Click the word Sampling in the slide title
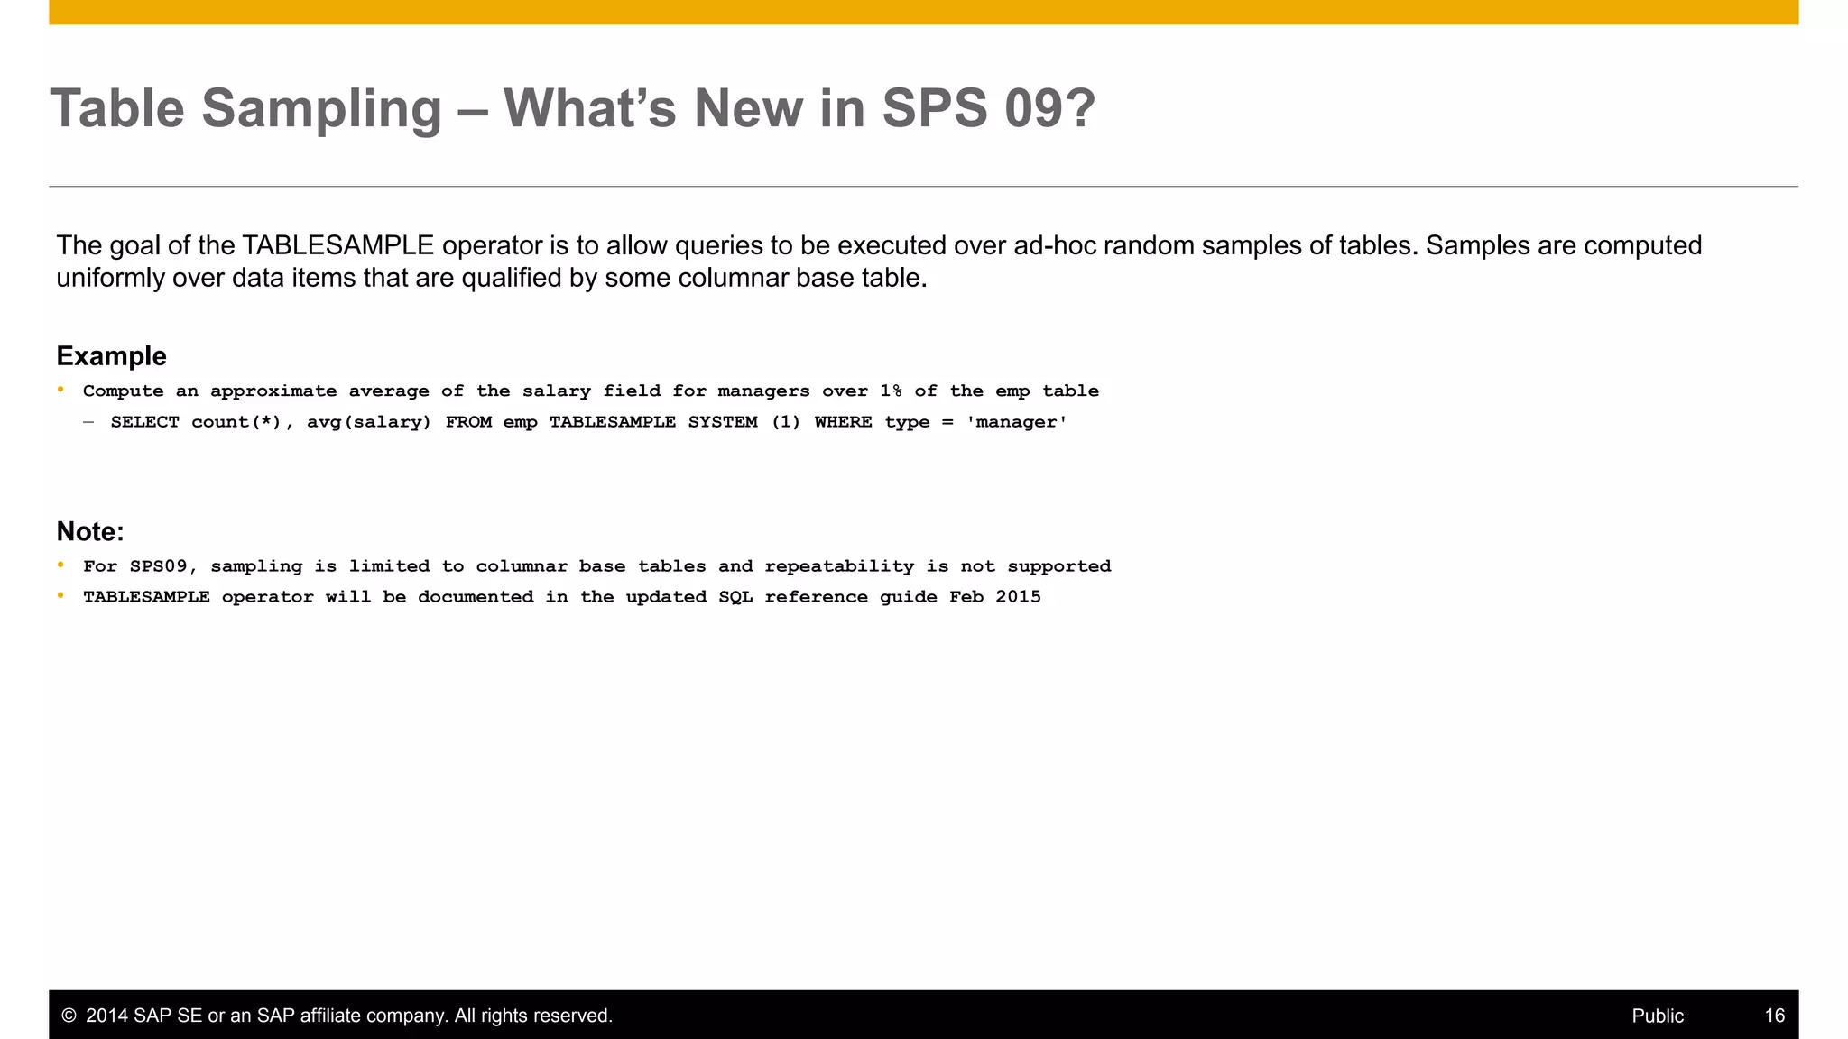tap(321, 109)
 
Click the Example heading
tap(111, 356)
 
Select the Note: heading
tap(90, 531)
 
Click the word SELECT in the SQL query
tap(144, 422)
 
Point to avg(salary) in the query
tap(369, 422)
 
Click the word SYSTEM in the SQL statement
tap(723, 422)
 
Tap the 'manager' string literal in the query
tap(1017, 422)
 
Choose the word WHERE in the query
tap(843, 422)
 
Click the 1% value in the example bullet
tap(891, 391)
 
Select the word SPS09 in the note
tap(158, 566)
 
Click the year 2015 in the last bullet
tap(1019, 597)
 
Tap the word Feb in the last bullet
tap(966, 597)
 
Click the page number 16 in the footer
tap(1774, 1016)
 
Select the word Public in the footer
tap(1658, 1016)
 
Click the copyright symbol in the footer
tap(69, 1016)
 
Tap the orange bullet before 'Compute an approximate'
tap(60, 390)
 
